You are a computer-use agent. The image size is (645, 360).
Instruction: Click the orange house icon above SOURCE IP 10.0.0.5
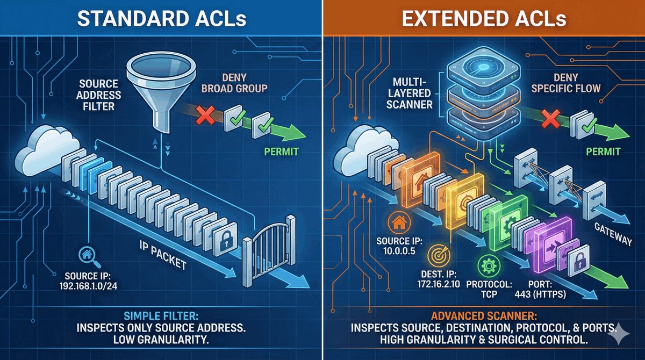pos(399,221)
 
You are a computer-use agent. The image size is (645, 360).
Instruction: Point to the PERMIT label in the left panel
pos(280,153)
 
